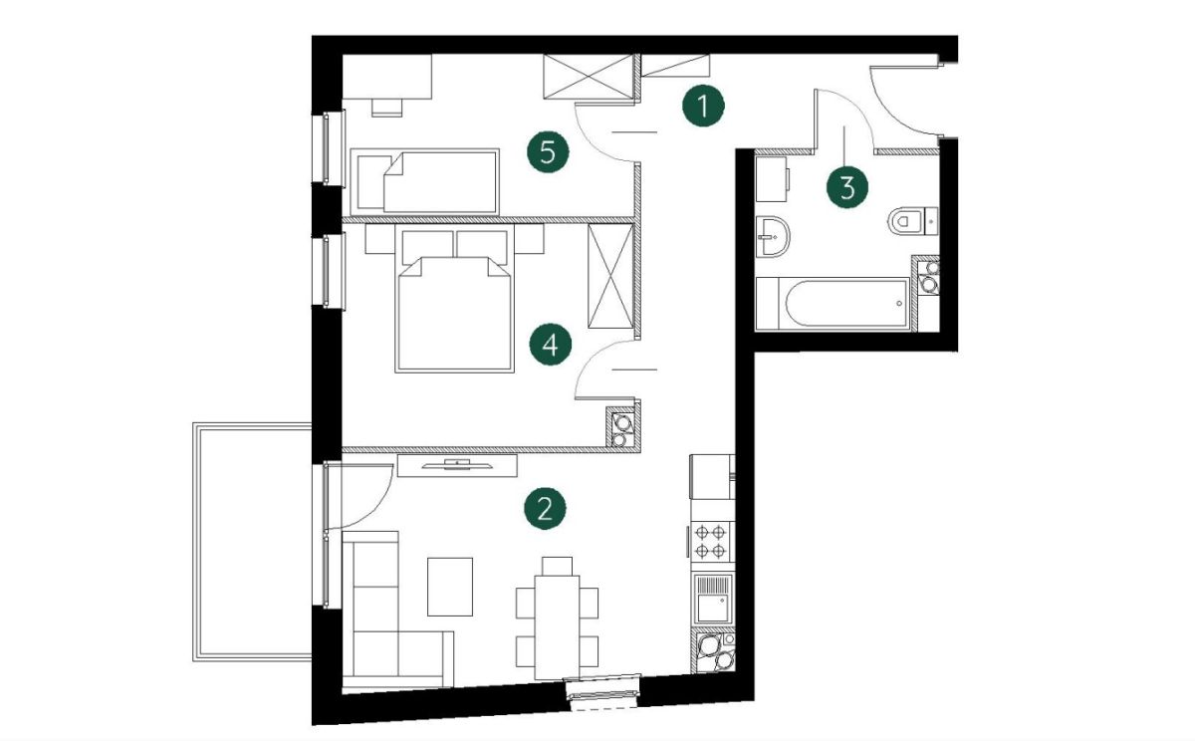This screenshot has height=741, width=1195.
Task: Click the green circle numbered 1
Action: click(703, 106)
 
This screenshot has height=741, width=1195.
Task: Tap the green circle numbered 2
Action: click(545, 508)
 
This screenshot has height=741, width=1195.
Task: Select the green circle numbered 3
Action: click(847, 187)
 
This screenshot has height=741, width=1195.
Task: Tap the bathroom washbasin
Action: click(773, 236)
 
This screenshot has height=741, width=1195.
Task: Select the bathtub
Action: click(833, 304)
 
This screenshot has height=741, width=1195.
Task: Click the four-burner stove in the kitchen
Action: click(711, 541)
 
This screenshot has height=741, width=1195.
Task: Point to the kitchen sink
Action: click(712, 598)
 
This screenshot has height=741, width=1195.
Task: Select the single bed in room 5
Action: click(424, 181)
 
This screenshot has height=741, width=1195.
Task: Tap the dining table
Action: click(557, 626)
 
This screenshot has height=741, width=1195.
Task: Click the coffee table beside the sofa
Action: click(450, 587)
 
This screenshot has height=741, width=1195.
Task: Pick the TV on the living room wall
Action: click(457, 465)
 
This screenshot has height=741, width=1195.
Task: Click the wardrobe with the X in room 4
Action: click(610, 276)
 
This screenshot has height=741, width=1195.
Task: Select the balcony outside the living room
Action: click(252, 542)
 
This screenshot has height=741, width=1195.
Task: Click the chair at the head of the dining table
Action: click(557, 566)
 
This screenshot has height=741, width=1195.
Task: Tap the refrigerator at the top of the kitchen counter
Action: click(712, 476)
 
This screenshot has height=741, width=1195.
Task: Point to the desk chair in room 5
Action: click(386, 108)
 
